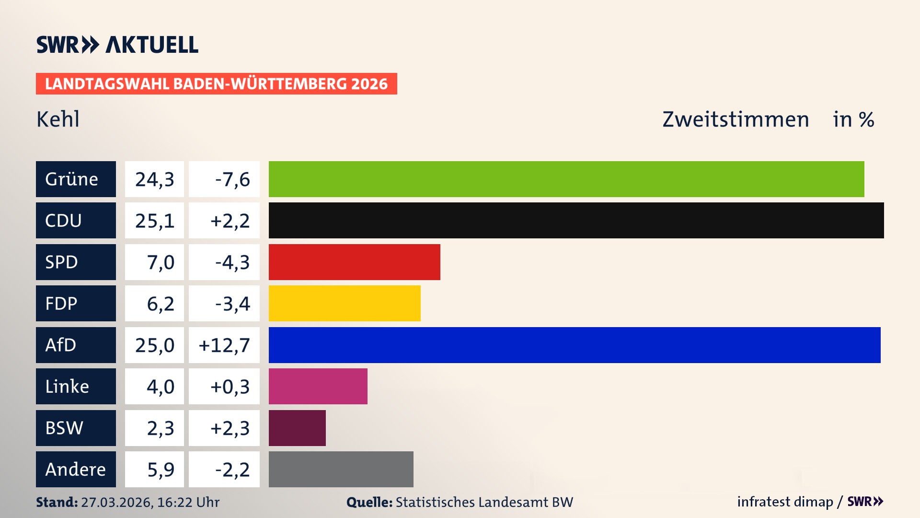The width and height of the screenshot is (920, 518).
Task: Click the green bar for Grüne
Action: point(566,179)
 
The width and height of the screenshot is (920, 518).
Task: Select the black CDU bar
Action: point(576,220)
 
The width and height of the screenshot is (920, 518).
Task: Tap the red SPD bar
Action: point(354,262)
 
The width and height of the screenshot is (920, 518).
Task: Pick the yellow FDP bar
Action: point(345,303)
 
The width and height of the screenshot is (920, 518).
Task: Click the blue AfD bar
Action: point(575,345)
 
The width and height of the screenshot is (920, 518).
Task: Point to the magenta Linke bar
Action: point(318,386)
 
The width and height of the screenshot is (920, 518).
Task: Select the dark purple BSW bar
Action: point(297,428)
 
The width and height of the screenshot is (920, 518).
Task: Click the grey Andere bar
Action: point(341,469)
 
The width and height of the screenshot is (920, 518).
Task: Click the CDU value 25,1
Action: point(154,221)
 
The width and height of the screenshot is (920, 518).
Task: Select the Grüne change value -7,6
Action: point(232,179)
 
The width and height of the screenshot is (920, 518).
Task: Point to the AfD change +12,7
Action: point(224,345)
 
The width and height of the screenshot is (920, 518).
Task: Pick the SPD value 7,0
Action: point(160,262)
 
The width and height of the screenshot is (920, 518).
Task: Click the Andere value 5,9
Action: point(160,470)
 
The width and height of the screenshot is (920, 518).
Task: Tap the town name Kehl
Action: point(58,119)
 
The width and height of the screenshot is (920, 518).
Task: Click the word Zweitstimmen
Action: point(736,119)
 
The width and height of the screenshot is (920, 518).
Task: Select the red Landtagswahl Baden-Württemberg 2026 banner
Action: point(216,83)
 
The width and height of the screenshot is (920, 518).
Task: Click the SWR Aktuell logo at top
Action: point(117,45)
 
